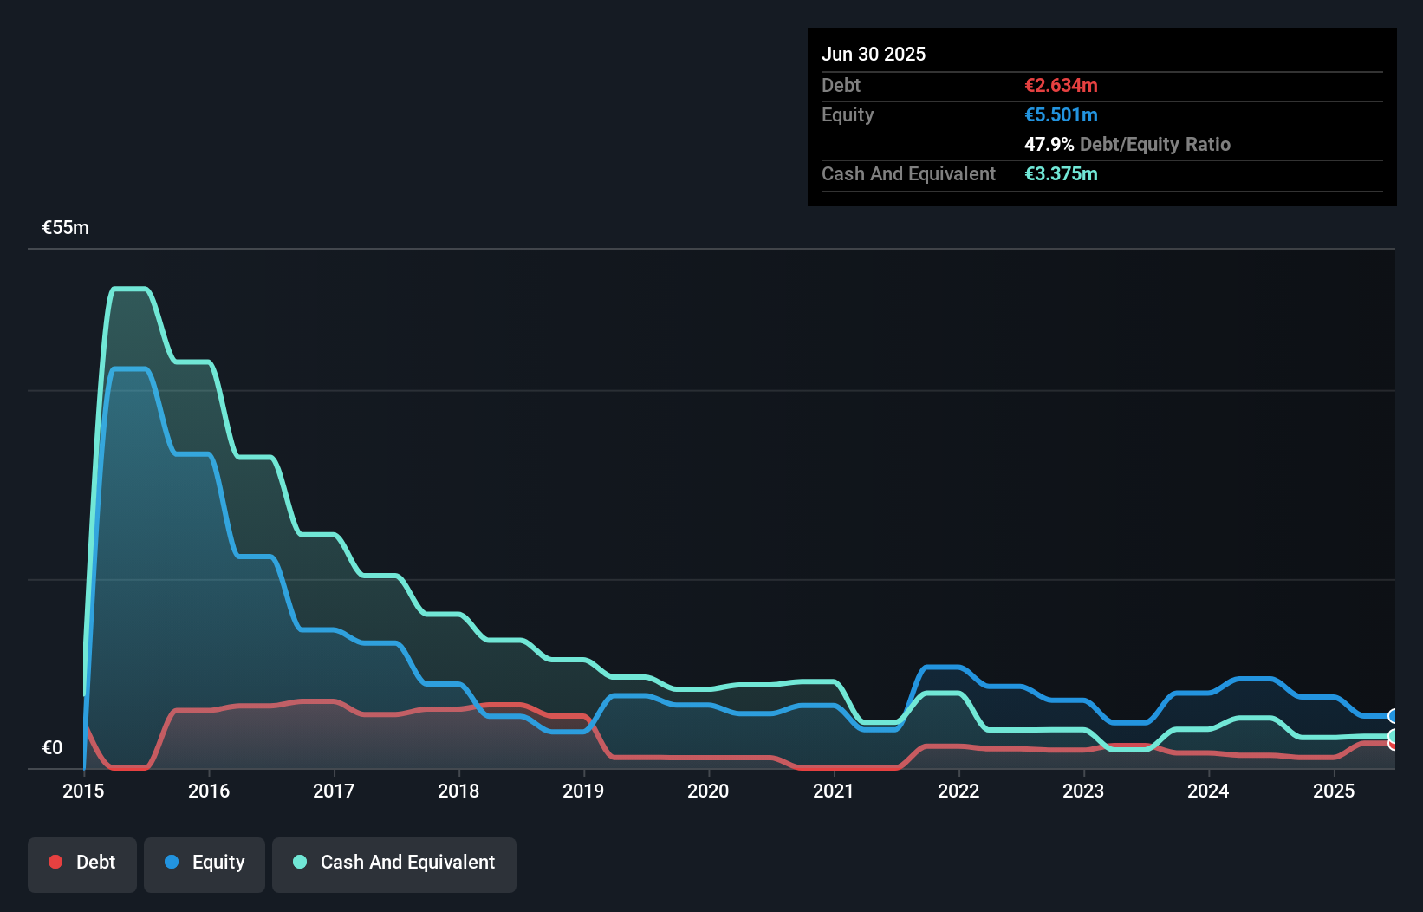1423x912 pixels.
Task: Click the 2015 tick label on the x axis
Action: point(83,791)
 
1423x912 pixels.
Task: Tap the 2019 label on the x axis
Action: point(583,791)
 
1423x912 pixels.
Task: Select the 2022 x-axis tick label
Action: point(958,791)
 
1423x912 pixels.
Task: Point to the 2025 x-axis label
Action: point(1334,791)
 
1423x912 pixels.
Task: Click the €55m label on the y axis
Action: point(66,228)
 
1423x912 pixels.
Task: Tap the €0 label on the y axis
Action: point(52,747)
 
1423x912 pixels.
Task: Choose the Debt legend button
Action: point(82,863)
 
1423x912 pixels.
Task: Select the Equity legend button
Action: point(205,863)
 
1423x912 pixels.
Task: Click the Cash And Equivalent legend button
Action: point(394,863)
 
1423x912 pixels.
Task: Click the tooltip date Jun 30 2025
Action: point(874,54)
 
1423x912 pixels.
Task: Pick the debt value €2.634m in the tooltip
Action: point(1061,86)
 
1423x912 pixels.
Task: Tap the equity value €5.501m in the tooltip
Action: point(1061,115)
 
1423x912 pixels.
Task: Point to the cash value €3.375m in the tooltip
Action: point(1061,174)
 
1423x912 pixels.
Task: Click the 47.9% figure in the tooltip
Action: point(1049,145)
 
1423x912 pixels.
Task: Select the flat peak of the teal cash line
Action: point(130,289)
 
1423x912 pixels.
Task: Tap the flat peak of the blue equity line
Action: point(130,369)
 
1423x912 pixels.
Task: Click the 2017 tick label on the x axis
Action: point(334,791)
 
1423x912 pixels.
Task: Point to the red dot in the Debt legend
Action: point(55,862)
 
